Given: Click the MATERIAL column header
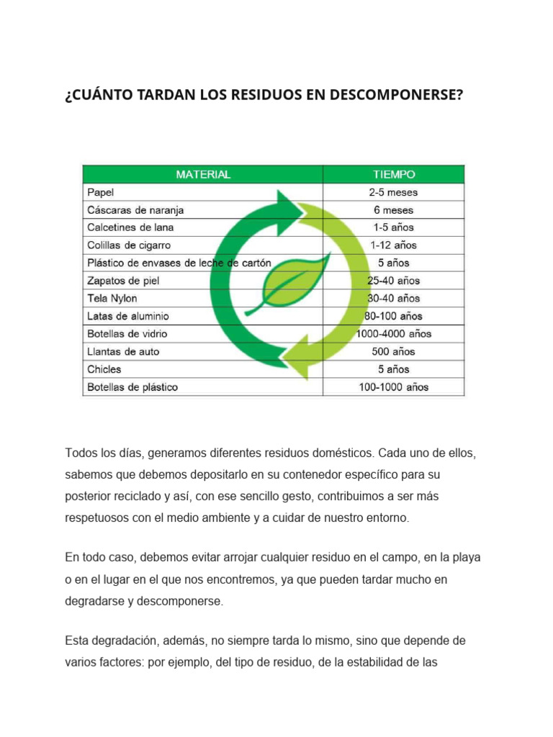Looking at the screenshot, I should coord(203,174).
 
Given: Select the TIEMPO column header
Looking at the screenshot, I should coord(393,174).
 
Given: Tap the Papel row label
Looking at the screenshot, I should coord(100,192).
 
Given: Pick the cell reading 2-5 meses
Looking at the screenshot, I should coord(393,192).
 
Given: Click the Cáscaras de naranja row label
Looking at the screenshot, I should coord(135,210).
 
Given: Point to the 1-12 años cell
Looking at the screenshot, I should coord(393,245).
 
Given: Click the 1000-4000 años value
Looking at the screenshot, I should coord(394,334).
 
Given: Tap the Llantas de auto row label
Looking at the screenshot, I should coord(123,352).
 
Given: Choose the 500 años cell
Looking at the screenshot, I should coord(393,352).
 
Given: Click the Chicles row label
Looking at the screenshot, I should coord(104,369).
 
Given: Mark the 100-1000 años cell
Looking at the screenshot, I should coord(393,387).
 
